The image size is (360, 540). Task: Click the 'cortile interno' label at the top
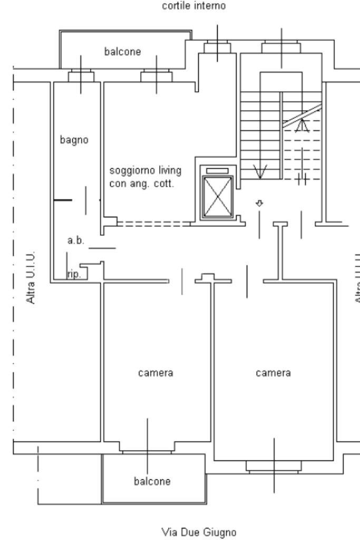[x=196, y=7]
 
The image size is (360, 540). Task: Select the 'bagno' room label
[x=74, y=140]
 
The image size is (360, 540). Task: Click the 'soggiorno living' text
[x=145, y=170]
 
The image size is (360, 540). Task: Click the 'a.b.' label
[x=76, y=240]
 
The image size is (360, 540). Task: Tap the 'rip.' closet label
[x=74, y=274]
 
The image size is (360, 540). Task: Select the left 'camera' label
[x=155, y=373]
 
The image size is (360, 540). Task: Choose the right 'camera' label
[x=273, y=373]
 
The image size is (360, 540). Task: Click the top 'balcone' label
[x=122, y=51]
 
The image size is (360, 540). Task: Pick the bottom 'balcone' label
[x=152, y=481]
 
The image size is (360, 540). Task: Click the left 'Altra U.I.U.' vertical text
[x=32, y=277]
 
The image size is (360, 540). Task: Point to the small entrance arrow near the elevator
[x=259, y=202]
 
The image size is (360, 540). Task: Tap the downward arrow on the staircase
[x=260, y=171]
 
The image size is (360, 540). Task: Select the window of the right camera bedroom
[x=274, y=466]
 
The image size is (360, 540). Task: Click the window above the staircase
[x=281, y=48]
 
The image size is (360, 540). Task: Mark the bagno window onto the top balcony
[x=81, y=77]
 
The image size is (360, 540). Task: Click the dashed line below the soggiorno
[x=153, y=224]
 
